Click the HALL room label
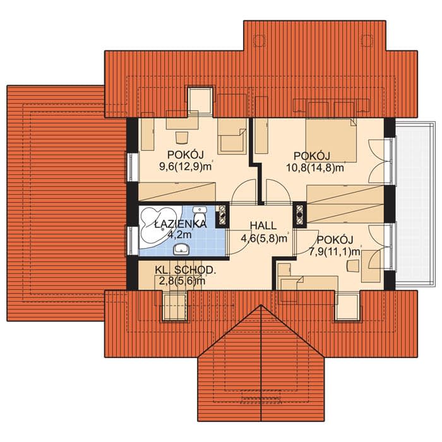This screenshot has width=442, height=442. click(x=263, y=225)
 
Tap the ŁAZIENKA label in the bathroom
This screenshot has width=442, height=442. click(x=181, y=224)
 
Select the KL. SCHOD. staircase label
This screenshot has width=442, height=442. click(x=185, y=270)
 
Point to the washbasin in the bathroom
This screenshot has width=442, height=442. click(x=181, y=249)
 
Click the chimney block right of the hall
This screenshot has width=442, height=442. click(x=300, y=215)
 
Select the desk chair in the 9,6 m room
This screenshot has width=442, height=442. click(x=182, y=138)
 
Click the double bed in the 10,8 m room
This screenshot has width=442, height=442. click(x=331, y=140)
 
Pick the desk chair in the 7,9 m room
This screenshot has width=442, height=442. click(x=352, y=266)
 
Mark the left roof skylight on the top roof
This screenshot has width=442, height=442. click(x=260, y=40)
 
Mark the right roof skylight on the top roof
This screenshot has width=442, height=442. click(x=367, y=40)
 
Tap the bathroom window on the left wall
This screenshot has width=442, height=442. click(x=132, y=240)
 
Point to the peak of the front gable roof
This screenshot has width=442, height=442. click(x=261, y=305)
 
